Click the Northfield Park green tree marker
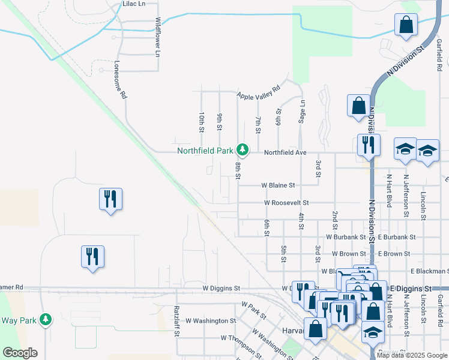click(243, 149)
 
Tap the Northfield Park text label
click(205, 151)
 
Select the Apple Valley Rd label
click(259, 92)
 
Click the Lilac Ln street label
click(134, 4)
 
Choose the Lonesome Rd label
click(121, 79)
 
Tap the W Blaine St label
click(278, 185)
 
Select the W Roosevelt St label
click(286, 203)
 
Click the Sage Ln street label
click(302, 112)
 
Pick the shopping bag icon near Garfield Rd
click(406, 26)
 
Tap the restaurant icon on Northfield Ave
click(366, 145)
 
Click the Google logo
click(20, 352)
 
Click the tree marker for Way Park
click(45, 320)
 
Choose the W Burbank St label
click(346, 237)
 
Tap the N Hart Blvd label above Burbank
click(390, 195)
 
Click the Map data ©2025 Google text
click(412, 355)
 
